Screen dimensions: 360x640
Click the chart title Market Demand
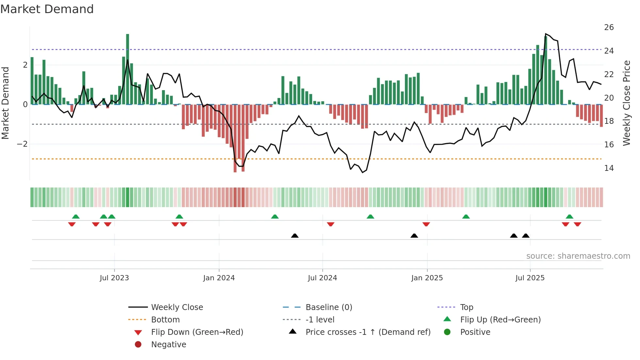[x=47, y=9]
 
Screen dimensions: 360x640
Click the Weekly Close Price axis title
[x=626, y=103]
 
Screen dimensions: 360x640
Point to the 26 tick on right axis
[x=609, y=27]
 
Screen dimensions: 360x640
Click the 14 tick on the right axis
[x=609, y=168]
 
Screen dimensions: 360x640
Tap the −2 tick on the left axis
[x=22, y=144]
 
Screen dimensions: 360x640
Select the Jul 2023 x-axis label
[x=114, y=278]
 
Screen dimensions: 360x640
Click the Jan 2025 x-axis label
[x=427, y=278]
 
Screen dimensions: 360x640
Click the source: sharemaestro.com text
[x=578, y=256]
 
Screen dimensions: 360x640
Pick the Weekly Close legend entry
[x=177, y=307]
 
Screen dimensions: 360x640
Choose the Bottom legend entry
[x=165, y=320]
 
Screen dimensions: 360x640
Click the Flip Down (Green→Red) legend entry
[x=197, y=332]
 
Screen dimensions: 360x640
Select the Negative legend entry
[x=168, y=345]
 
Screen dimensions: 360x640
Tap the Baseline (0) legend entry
[x=328, y=307]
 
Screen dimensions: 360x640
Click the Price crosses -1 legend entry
[x=368, y=332]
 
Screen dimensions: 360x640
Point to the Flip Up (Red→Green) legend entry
[x=500, y=320]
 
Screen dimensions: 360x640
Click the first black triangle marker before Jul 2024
[x=295, y=236]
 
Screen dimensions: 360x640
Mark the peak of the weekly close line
[x=546, y=34]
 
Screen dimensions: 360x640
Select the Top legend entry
[x=466, y=307]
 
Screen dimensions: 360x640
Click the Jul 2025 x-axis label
[x=530, y=278]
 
